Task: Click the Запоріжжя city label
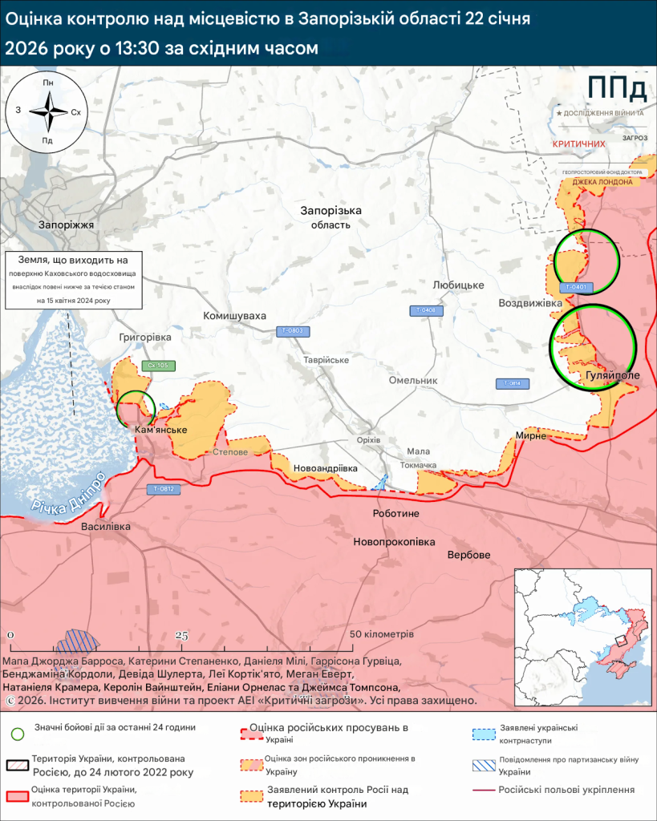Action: point(67,225)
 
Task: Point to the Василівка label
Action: point(105,527)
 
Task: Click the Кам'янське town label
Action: point(161,431)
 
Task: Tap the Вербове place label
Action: point(469,555)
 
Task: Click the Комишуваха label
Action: point(234,316)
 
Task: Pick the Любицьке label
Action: point(458,285)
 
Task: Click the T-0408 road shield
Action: point(428,310)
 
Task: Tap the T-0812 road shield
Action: point(162,489)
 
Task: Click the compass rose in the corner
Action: point(49,111)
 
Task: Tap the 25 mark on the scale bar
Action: point(181,637)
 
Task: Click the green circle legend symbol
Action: point(18,733)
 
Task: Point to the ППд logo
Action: point(615,87)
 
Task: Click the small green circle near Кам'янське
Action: point(135,408)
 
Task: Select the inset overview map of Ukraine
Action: point(582,633)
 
